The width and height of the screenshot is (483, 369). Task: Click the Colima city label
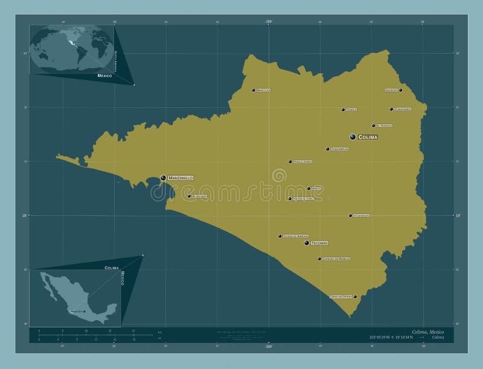pyautogui.click(x=368, y=137)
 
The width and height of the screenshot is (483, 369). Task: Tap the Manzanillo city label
pyautogui.click(x=181, y=178)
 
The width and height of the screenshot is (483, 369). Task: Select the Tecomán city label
pyautogui.click(x=319, y=243)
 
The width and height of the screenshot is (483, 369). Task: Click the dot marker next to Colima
pyautogui.click(x=353, y=137)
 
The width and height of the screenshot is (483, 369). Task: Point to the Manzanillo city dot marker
pyautogui.click(x=163, y=177)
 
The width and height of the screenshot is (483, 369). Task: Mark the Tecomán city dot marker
pyautogui.click(x=307, y=243)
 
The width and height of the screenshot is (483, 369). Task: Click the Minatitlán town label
pyautogui.click(x=263, y=90)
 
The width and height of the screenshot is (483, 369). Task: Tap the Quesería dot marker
pyautogui.click(x=400, y=90)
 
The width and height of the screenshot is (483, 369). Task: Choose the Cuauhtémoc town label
pyautogui.click(x=402, y=109)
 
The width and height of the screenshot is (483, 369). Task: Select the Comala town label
pyautogui.click(x=352, y=110)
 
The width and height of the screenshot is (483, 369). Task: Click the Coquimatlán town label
pyautogui.click(x=340, y=149)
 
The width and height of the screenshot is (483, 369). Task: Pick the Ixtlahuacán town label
pyautogui.click(x=362, y=215)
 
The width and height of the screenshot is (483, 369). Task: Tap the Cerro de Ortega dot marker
pyautogui.click(x=355, y=297)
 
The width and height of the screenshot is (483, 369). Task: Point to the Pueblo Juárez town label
pyautogui.click(x=302, y=162)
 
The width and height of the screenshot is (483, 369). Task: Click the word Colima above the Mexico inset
pyautogui.click(x=112, y=266)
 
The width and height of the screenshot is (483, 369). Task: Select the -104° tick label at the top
pyautogui.click(x=268, y=21)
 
